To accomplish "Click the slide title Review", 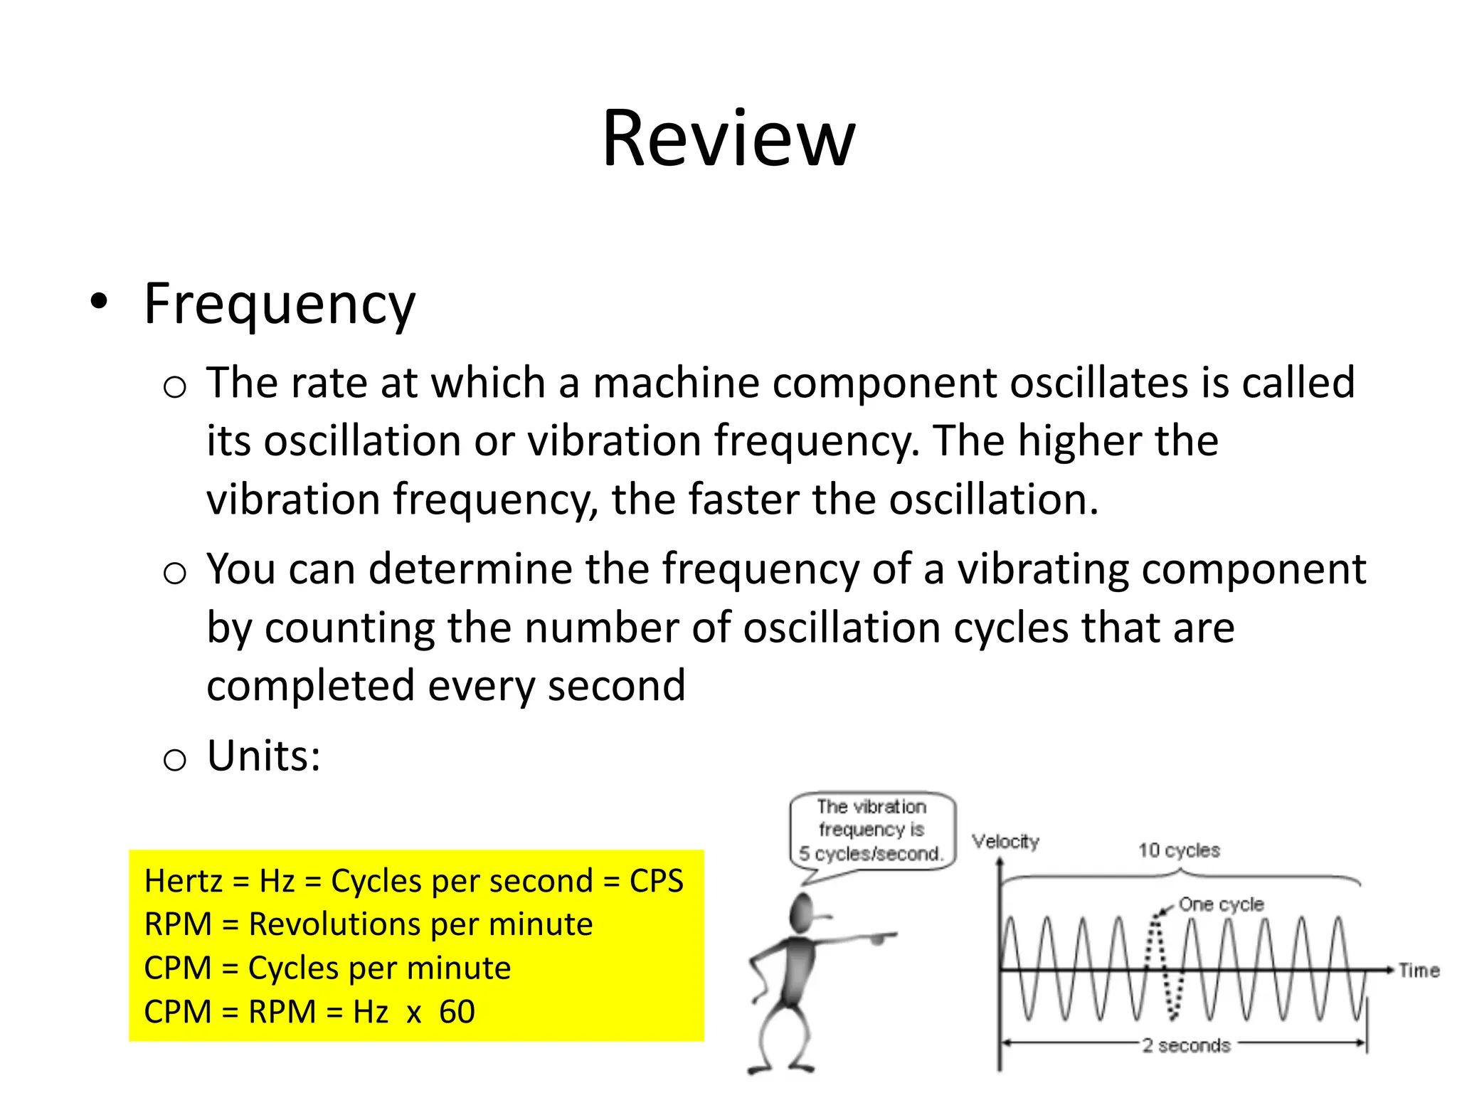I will tap(728, 139).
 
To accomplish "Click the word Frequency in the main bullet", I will tap(279, 304).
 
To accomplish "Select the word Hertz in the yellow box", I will tap(183, 881).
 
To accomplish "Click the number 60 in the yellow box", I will tap(457, 1012).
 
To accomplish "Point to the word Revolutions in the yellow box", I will tap(334, 924).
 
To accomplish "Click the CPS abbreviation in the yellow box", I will tap(656, 881).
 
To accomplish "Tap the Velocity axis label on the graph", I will tap(1005, 841).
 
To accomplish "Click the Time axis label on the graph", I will tap(1419, 971).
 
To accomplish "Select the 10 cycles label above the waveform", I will tap(1179, 850).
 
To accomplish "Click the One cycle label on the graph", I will tap(1221, 904).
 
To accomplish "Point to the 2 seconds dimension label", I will tap(1186, 1045).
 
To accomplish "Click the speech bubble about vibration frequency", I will tap(872, 830).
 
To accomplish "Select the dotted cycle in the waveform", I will tap(1165, 968).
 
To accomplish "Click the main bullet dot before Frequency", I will tap(99, 302).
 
